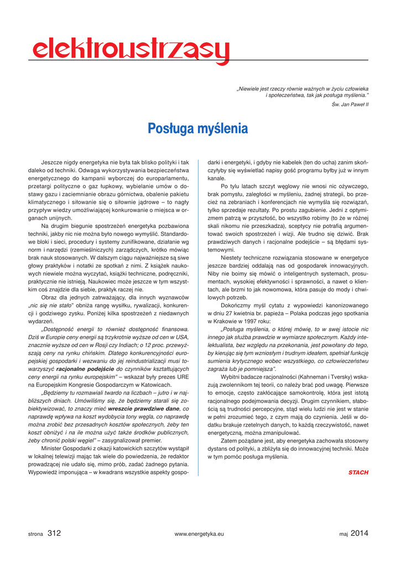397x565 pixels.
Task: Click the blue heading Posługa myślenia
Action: pyautogui.click(x=198, y=129)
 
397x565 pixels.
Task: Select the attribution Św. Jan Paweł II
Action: pyautogui.click(x=350, y=104)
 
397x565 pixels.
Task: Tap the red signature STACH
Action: pyautogui.click(x=358, y=472)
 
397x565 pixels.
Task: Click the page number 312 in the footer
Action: pyautogui.click(x=54, y=533)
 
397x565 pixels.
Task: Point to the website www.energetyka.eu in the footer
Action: pyautogui.click(x=198, y=534)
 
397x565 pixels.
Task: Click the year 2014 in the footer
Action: pyautogui.click(x=359, y=533)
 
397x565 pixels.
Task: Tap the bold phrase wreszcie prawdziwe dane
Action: pyautogui.click(x=144, y=408)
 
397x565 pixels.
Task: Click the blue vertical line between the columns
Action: pyautogui.click(x=198, y=309)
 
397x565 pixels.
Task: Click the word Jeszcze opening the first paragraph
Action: pyautogui.click(x=53, y=163)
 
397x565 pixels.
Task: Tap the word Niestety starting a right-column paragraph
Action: pyautogui.click(x=231, y=258)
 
